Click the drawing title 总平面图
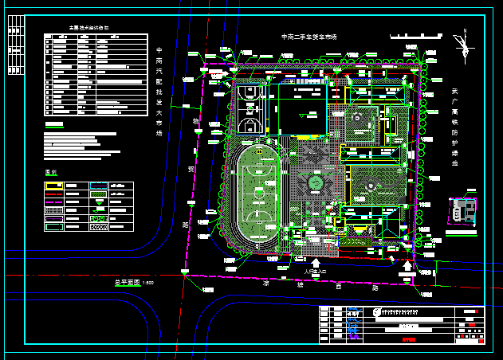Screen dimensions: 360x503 [126, 283]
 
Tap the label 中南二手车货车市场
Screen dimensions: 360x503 [309, 37]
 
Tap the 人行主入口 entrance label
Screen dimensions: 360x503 [316, 272]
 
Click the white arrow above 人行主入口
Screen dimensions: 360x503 [316, 262]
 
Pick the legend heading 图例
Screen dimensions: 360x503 [52, 173]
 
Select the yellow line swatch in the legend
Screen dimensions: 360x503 [54, 185]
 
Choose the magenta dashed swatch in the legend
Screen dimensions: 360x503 [54, 217]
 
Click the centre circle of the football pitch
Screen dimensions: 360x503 [259, 193]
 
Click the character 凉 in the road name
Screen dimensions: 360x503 [267, 283]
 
